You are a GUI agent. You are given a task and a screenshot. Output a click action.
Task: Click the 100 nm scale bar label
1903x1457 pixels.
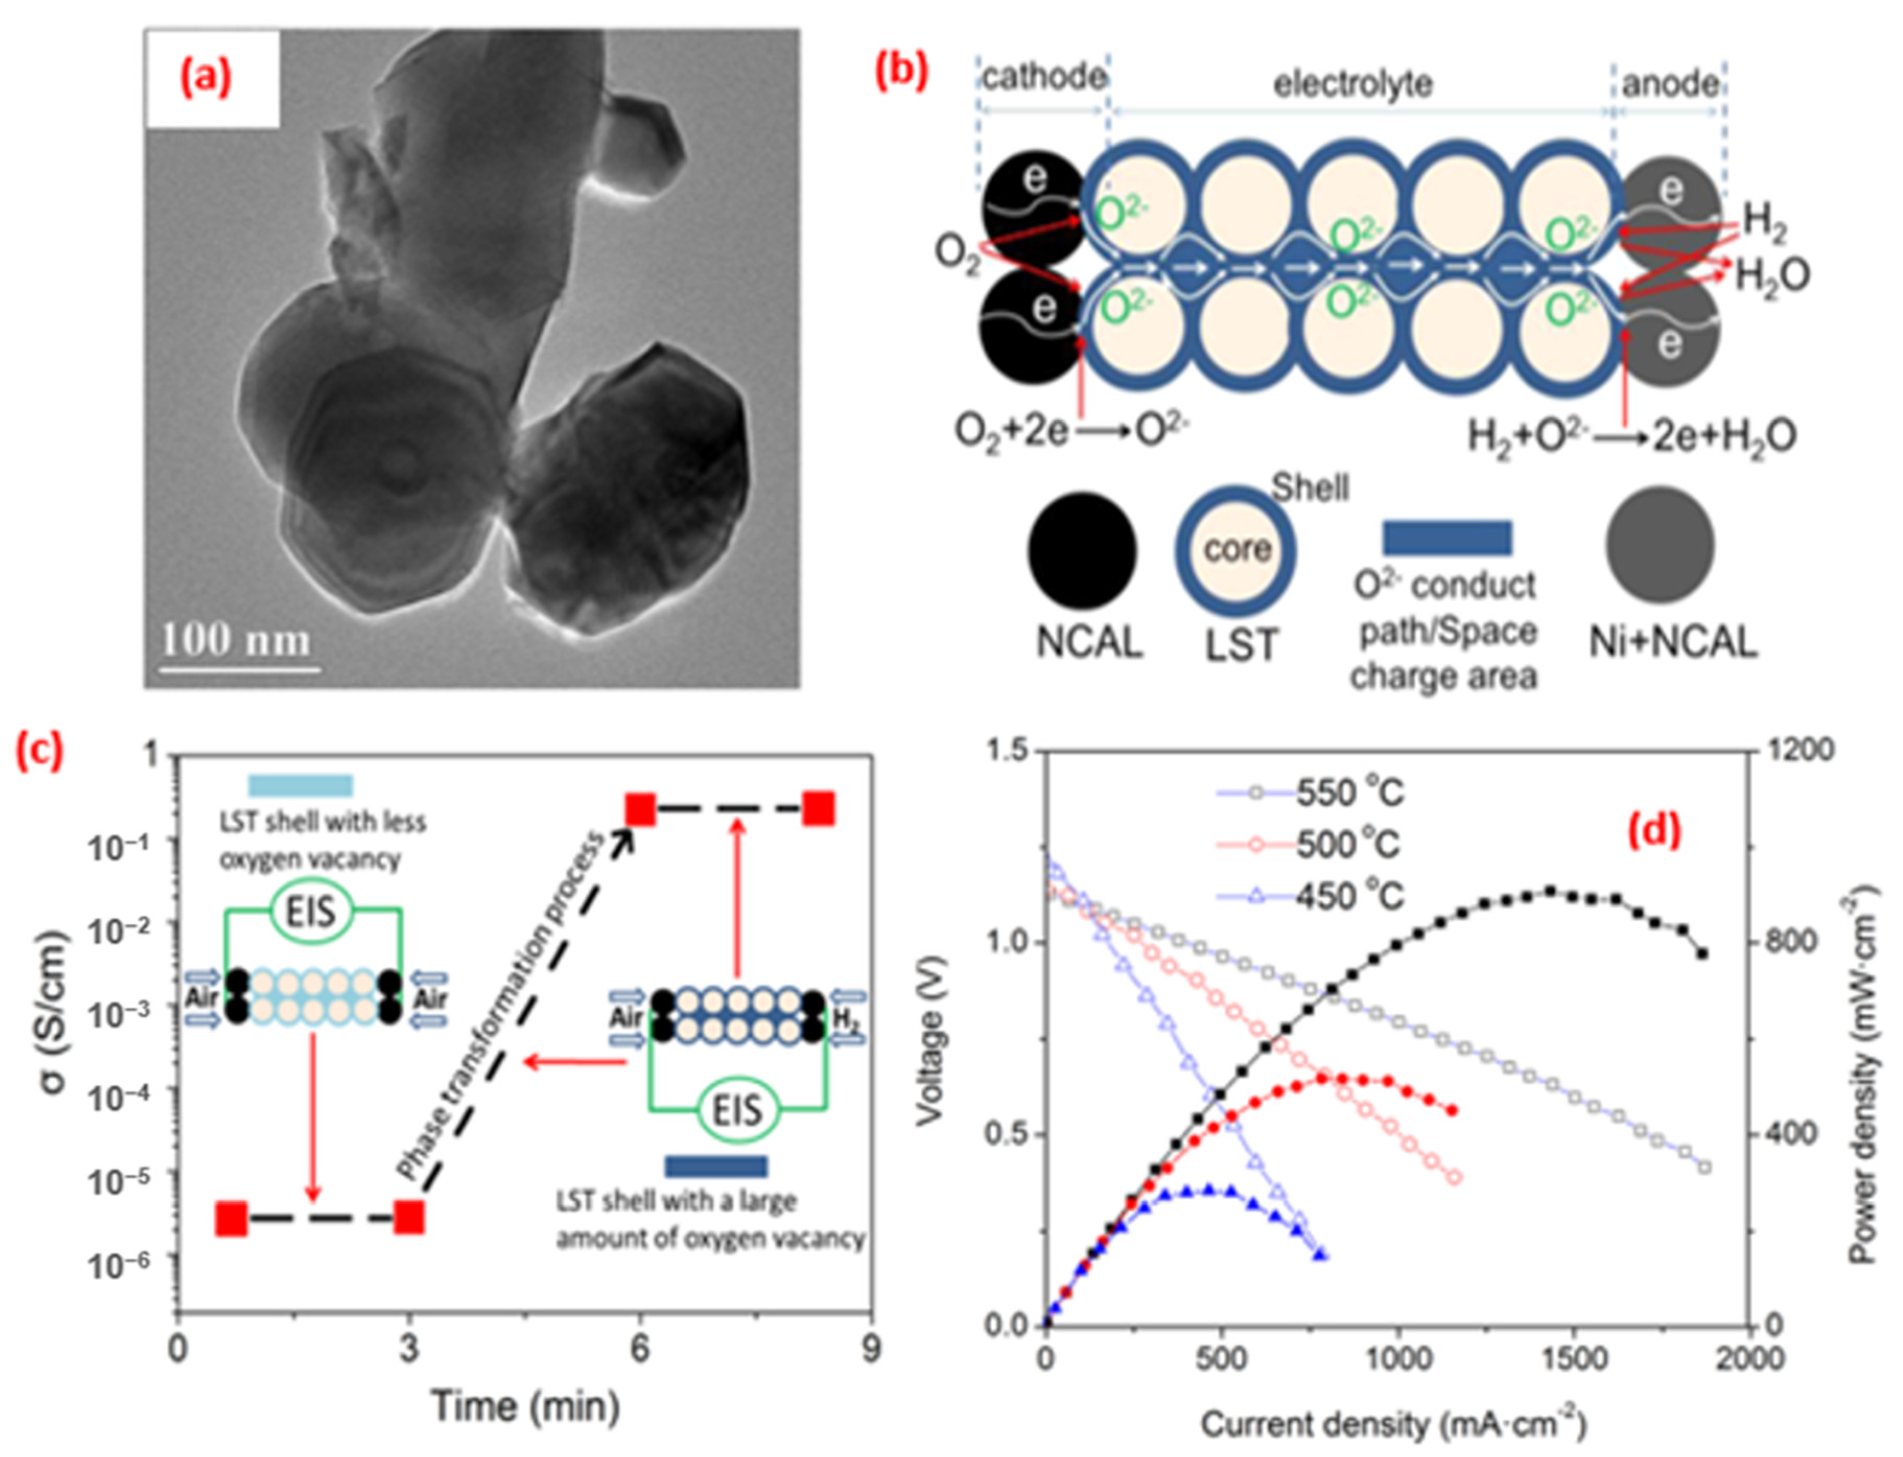pos(236,641)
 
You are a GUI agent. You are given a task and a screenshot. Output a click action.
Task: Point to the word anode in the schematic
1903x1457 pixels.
pos(1670,84)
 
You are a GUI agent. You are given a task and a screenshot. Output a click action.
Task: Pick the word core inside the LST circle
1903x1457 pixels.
pos(1237,549)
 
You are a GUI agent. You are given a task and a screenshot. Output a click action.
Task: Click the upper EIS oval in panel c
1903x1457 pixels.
pos(311,911)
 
